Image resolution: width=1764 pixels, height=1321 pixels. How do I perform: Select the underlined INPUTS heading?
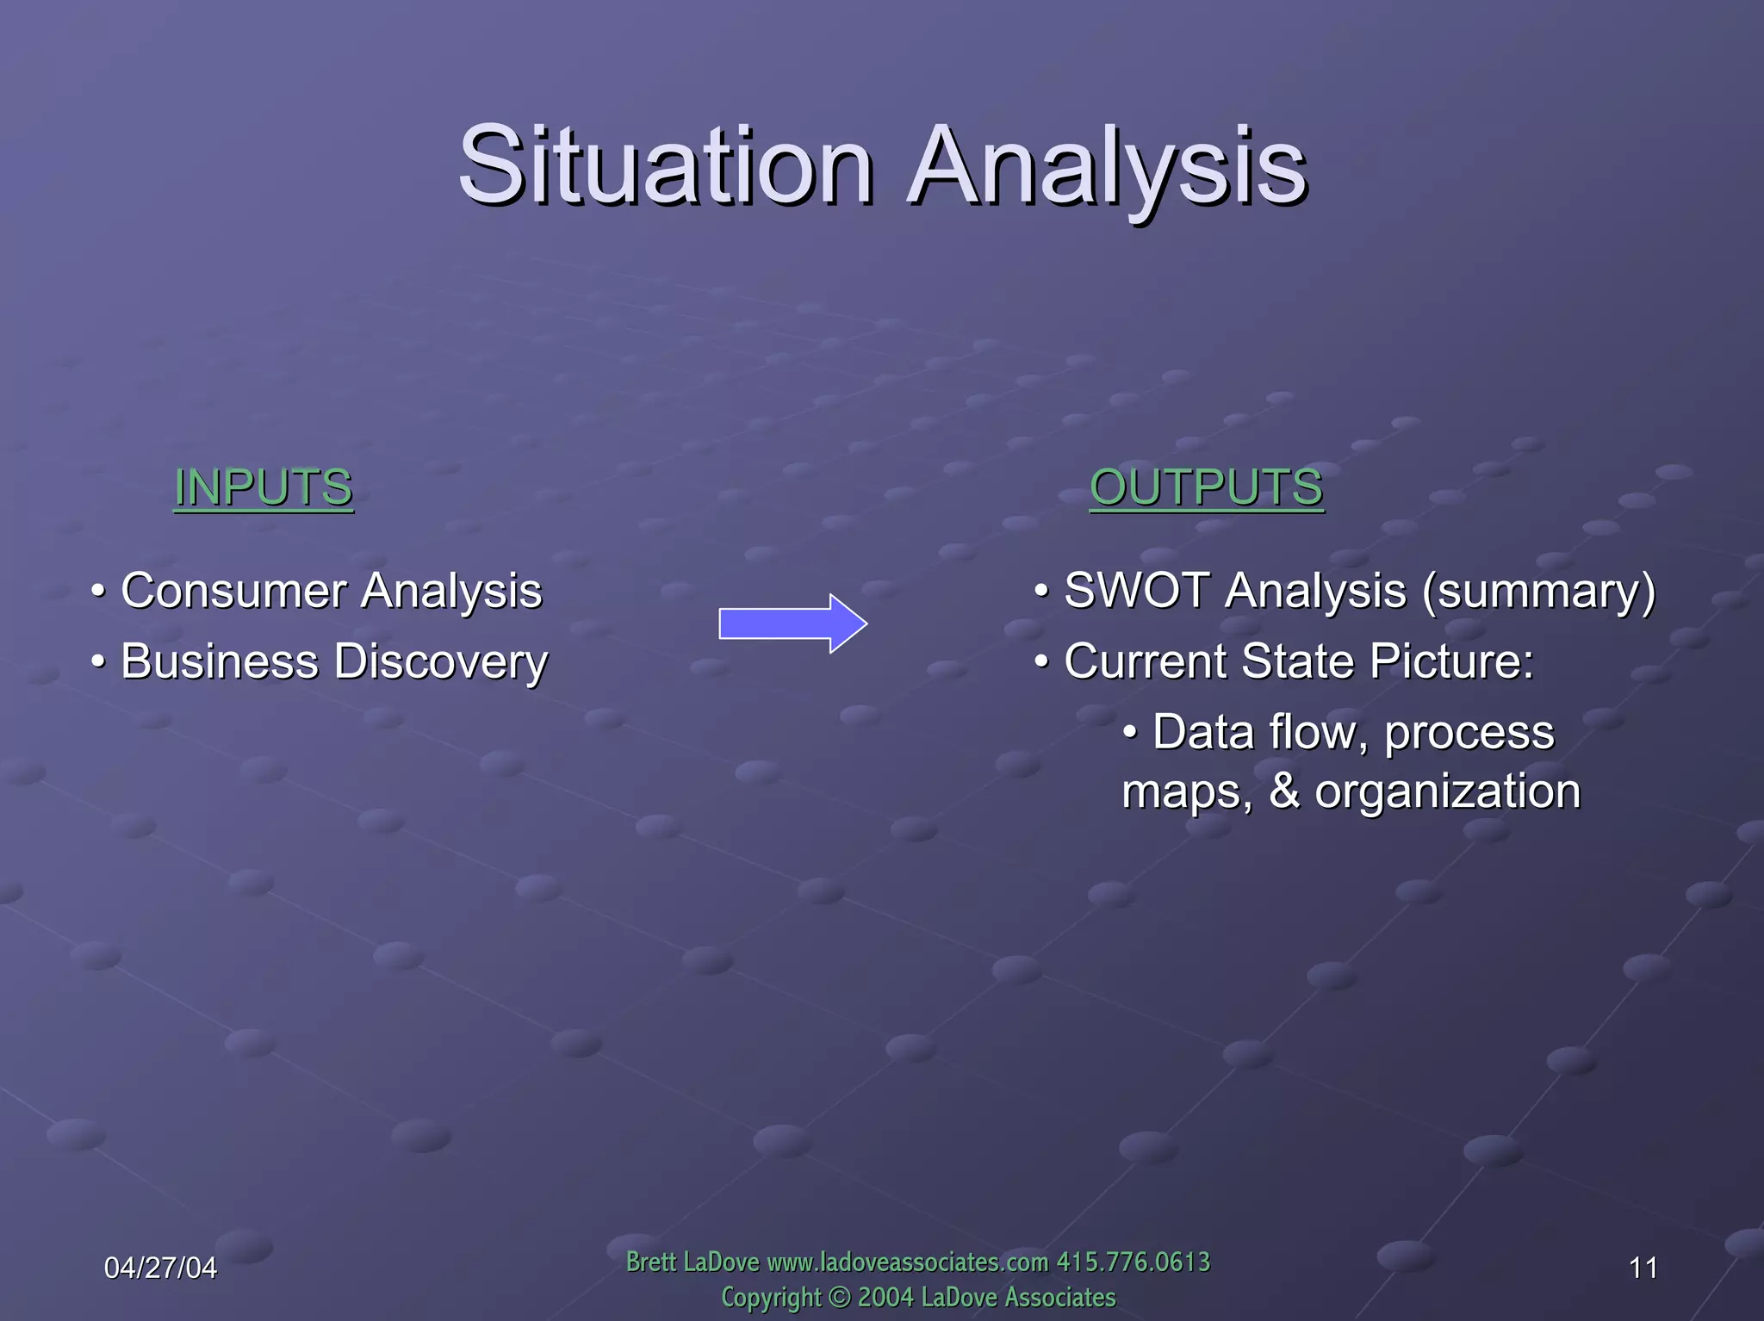(x=263, y=487)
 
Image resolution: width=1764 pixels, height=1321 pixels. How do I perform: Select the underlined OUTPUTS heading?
(x=1206, y=487)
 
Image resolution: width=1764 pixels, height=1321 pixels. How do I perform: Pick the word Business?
(x=220, y=661)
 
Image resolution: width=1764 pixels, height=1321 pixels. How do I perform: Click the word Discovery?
(x=440, y=661)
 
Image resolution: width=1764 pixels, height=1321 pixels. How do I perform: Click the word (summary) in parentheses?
(x=1538, y=591)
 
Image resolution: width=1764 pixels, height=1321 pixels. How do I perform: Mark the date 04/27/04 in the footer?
(x=160, y=1268)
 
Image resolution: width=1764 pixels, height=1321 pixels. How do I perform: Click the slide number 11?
(x=1643, y=1268)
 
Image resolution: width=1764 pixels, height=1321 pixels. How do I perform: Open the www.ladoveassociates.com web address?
(x=907, y=1262)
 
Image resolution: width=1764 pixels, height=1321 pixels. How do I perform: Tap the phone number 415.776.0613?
(x=1133, y=1262)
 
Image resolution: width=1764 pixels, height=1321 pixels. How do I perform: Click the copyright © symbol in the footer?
(x=839, y=1297)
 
